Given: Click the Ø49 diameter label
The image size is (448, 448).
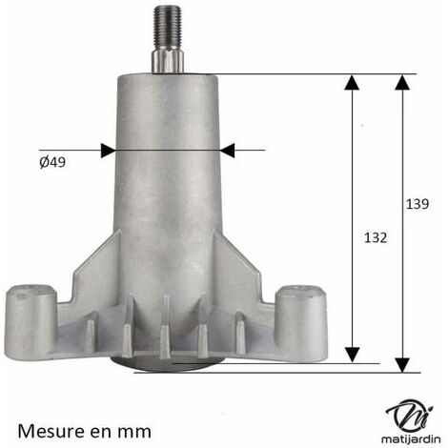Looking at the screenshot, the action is click(52, 162).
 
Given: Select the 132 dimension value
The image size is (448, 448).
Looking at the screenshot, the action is click(376, 237).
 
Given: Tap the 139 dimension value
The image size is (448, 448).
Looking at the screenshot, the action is click(417, 204).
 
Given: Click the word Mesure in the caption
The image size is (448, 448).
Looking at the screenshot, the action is click(58, 431).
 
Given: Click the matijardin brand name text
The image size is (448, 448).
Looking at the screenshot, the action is click(411, 438).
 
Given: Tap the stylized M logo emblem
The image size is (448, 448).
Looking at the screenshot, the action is click(410, 415).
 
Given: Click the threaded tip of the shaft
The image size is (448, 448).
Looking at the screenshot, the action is click(168, 27).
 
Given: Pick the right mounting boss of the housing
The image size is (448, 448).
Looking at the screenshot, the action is click(300, 316).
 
